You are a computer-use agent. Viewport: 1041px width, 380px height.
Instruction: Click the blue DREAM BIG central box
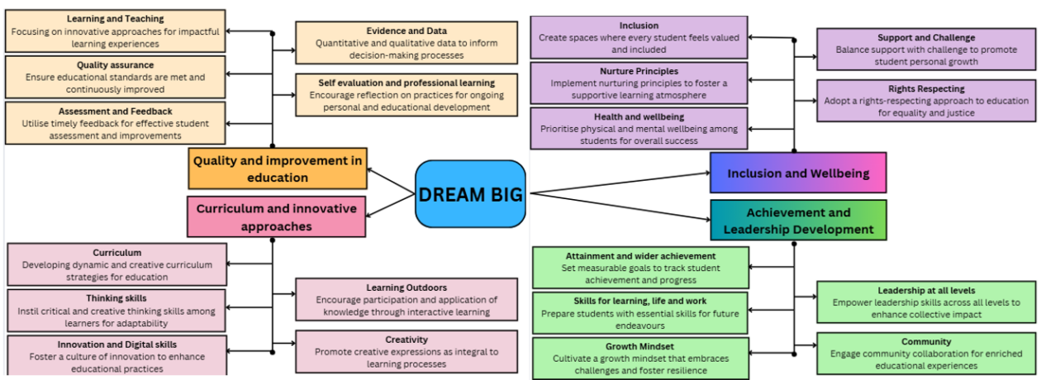tap(470, 194)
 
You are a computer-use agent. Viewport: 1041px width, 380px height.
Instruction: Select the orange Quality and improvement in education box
tap(278, 169)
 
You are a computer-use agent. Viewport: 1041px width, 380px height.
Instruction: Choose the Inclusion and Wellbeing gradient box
tap(797, 173)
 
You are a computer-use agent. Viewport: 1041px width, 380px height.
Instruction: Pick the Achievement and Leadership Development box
tap(797, 221)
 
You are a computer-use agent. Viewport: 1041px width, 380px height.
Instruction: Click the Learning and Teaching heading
tap(115, 19)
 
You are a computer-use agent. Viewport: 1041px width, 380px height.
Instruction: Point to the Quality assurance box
tap(115, 77)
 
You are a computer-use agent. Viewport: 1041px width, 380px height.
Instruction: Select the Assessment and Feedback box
tap(115, 123)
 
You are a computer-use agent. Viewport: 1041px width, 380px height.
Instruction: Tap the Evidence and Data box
tap(406, 43)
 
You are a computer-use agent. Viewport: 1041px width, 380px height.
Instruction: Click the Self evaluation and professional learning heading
tap(406, 83)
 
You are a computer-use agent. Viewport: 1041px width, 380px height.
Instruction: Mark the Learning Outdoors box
tap(406, 299)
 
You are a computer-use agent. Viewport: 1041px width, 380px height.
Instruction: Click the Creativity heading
tap(406, 340)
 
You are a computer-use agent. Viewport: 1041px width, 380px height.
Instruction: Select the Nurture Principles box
tap(639, 83)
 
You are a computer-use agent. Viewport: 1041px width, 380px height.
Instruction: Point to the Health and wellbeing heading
tap(639, 116)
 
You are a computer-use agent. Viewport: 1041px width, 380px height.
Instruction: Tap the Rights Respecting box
tap(926, 101)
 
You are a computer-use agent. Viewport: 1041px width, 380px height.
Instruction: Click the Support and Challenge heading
tap(926, 37)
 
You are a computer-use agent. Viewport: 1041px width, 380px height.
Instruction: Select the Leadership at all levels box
tap(926, 302)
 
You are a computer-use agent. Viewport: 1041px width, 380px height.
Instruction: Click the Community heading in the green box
tap(926, 341)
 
